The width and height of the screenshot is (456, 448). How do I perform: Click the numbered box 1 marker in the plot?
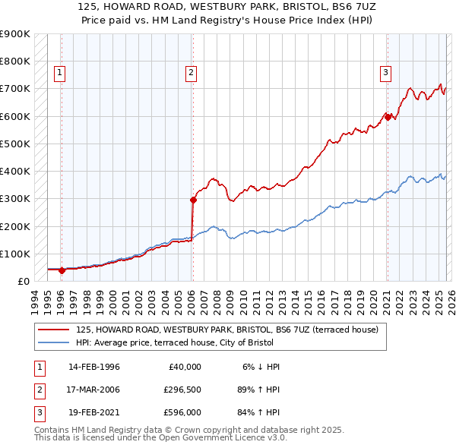click(x=60, y=73)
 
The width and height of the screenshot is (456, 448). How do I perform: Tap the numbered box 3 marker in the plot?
click(x=385, y=73)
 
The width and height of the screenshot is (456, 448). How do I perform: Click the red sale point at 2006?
click(x=193, y=200)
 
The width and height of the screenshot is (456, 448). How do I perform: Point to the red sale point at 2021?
click(x=388, y=117)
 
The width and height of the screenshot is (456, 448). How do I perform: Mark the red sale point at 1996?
click(x=62, y=270)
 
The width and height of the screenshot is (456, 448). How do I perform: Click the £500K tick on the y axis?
click(x=15, y=144)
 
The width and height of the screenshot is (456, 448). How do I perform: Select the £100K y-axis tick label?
click(x=15, y=254)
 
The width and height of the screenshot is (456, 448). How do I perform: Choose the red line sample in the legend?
click(x=54, y=330)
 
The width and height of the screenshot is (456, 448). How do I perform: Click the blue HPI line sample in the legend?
click(x=54, y=342)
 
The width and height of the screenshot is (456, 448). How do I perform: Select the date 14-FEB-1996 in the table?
click(x=93, y=366)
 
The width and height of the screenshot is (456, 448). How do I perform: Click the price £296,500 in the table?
click(x=182, y=390)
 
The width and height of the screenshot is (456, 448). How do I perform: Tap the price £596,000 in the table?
click(x=182, y=415)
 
